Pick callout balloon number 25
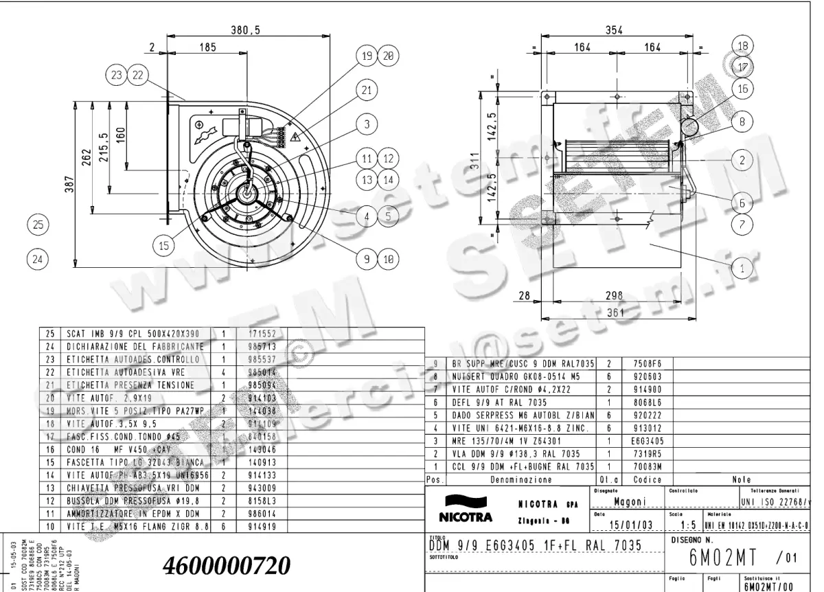(38, 224)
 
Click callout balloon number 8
(742, 124)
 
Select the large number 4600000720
(227, 566)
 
